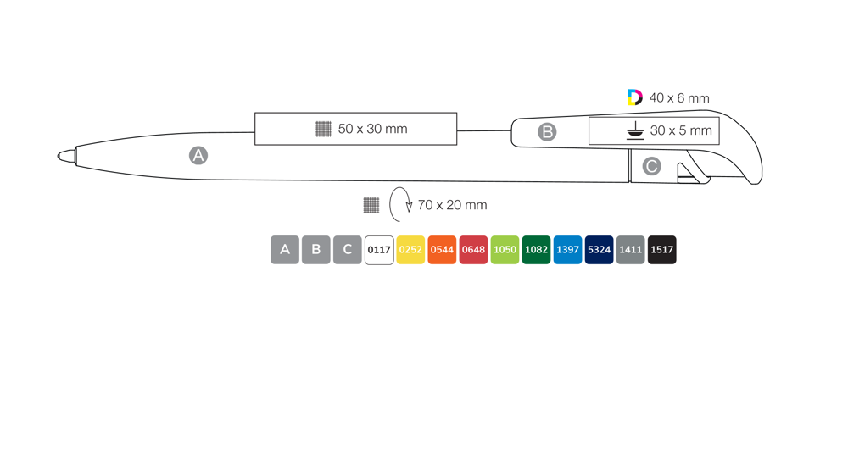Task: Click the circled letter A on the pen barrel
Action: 198,156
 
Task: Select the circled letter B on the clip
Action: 547,132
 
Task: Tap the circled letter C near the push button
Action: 651,166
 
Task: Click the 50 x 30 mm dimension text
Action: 372,129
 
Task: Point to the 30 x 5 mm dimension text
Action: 681,130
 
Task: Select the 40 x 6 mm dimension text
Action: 679,97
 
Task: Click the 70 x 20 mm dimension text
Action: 452,205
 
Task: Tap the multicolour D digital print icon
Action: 635,97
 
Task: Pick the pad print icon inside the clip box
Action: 635,130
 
